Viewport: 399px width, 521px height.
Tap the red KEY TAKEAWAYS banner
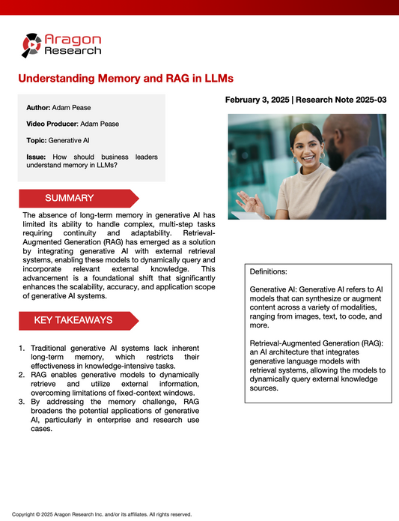78,320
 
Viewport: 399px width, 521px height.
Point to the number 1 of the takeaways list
22,348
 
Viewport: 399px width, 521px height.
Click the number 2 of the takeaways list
22,374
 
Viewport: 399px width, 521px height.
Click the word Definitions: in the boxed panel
269,271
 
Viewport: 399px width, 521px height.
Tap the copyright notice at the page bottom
103,514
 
